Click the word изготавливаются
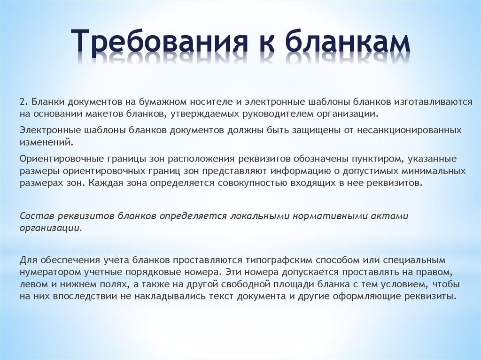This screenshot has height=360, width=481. (x=433, y=102)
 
